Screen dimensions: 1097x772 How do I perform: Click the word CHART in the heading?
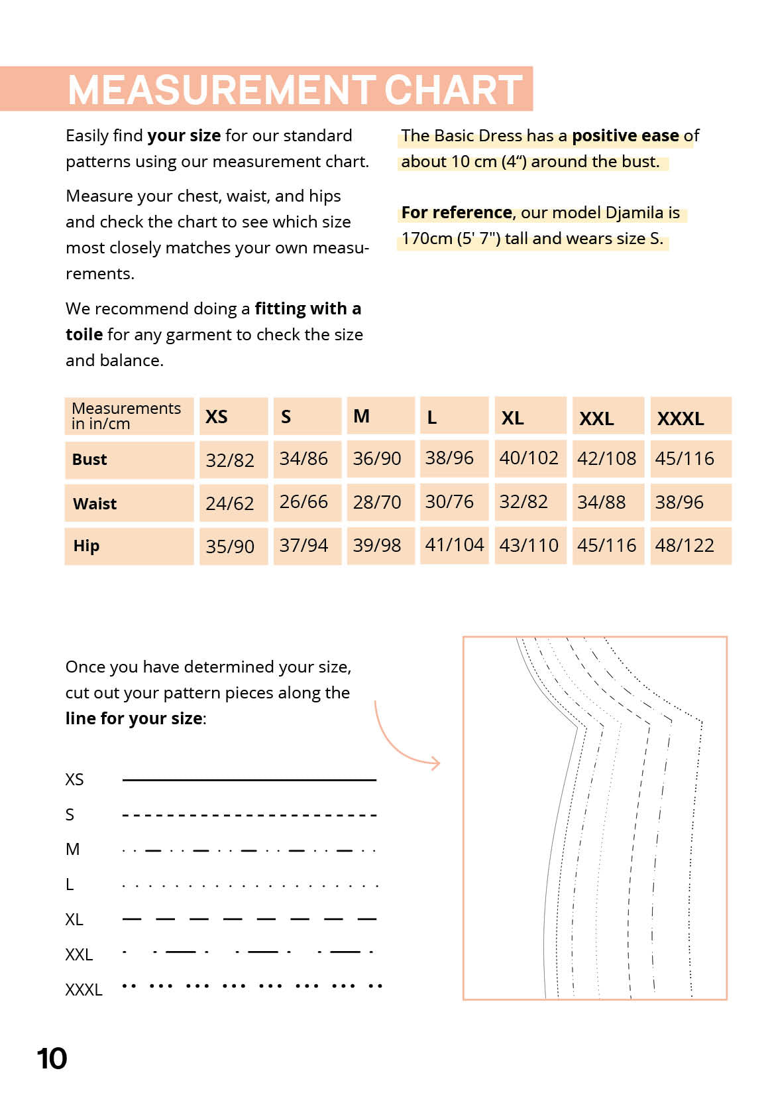point(453,90)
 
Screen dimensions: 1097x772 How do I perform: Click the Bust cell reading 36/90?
point(377,458)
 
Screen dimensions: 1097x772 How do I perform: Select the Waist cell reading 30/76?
point(449,502)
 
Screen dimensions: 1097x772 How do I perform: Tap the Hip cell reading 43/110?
point(529,545)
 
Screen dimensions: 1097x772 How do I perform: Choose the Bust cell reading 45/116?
point(685,458)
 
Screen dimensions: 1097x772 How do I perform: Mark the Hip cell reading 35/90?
point(230,547)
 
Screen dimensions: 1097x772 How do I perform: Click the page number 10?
point(52,1059)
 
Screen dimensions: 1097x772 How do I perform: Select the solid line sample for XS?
point(249,780)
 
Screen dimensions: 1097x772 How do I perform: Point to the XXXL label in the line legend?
point(83,990)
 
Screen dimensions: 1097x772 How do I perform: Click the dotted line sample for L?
point(249,885)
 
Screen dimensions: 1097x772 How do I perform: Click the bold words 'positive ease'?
point(625,136)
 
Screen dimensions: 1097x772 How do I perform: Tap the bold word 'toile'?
point(84,334)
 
